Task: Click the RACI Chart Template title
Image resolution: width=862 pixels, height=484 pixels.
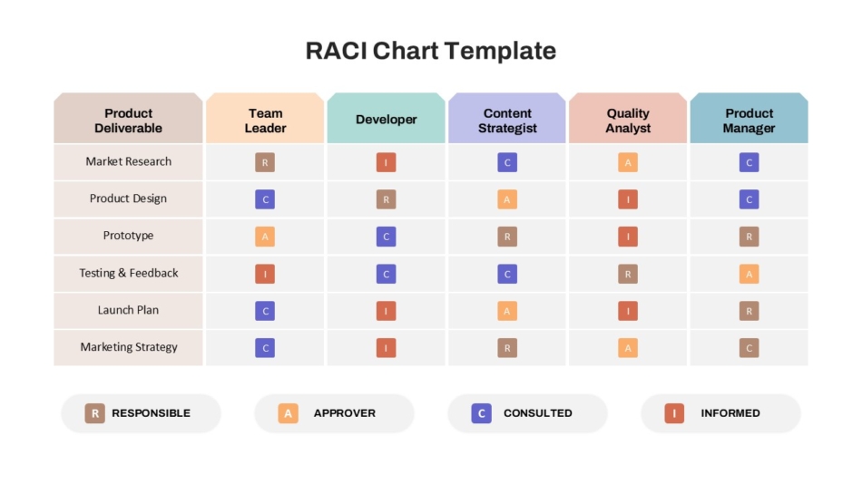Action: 430,51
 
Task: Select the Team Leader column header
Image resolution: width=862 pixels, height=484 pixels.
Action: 265,118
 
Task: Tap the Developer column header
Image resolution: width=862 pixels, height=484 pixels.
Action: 386,118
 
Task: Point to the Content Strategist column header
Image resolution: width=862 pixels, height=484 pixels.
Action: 507,118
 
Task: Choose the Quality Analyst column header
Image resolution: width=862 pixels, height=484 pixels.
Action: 628,118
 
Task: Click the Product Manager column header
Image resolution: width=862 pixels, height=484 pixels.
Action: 749,118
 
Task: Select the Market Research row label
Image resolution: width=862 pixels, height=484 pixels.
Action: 128,161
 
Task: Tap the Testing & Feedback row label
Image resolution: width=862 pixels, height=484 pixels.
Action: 128,273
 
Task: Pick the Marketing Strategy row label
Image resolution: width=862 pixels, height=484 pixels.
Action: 128,347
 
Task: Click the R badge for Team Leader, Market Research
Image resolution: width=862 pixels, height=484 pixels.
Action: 265,162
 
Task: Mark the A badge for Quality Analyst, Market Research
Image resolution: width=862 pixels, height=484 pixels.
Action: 628,162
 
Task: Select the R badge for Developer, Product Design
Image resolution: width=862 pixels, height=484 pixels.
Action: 386,199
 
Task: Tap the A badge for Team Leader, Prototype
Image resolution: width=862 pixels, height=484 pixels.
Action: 265,237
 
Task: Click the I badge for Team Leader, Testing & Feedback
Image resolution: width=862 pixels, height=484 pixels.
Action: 265,274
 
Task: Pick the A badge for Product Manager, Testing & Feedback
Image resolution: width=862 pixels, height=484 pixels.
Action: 749,274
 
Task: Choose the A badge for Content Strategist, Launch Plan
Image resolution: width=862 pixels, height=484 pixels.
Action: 507,311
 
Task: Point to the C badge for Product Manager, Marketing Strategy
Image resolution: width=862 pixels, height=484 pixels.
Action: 749,348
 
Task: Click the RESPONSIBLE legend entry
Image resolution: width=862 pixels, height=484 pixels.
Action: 141,413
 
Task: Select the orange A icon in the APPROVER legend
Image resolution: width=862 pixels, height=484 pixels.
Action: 288,413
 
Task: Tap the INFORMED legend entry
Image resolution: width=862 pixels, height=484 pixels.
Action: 720,413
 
